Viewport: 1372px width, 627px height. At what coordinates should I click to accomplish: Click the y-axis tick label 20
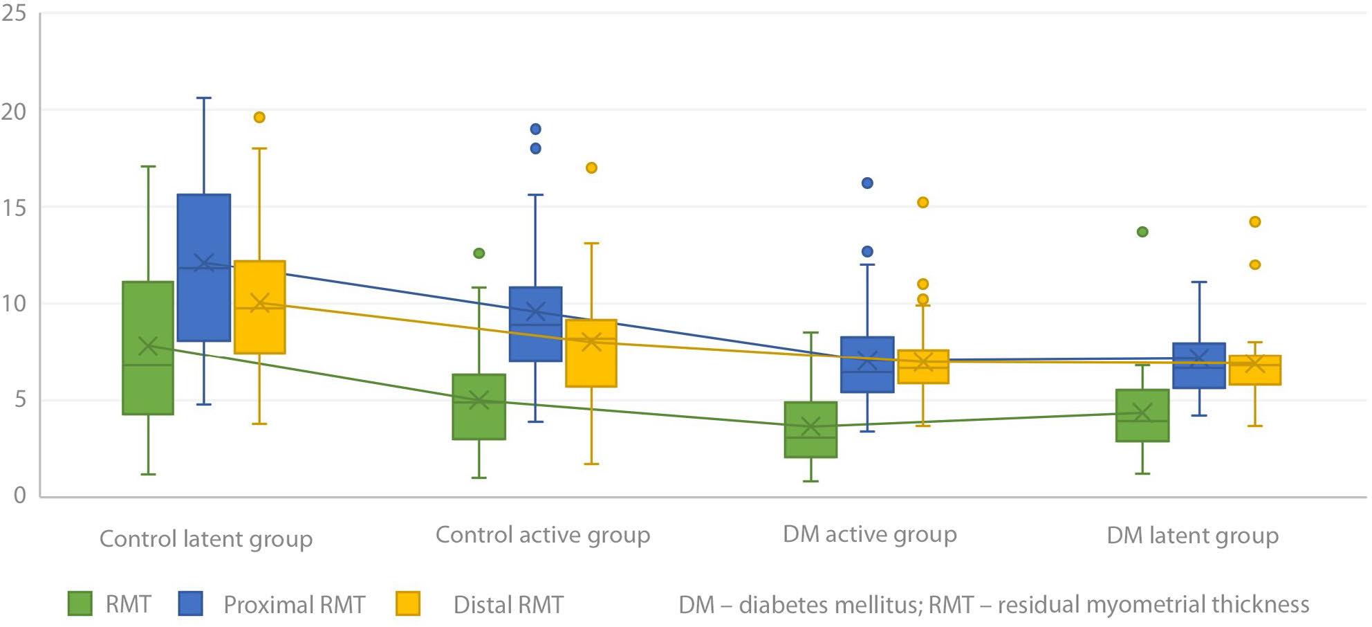(13, 111)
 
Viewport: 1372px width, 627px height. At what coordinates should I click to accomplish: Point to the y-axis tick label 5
(19, 400)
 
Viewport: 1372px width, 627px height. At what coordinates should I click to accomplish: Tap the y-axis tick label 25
(13, 13)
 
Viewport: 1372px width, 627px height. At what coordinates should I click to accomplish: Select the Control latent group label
(205, 539)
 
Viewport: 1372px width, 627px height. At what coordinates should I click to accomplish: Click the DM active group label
(869, 534)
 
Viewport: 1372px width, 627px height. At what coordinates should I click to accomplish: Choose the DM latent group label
(1192, 536)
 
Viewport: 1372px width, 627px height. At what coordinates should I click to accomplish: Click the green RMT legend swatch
(80, 603)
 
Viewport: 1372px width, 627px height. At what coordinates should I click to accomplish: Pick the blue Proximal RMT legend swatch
(191, 603)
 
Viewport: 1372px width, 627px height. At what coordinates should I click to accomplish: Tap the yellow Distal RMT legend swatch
(408, 603)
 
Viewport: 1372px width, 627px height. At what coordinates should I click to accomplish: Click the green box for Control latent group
(148, 348)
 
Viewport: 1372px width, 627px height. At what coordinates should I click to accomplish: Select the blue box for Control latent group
(204, 268)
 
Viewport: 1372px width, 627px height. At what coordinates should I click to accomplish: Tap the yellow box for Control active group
(591, 353)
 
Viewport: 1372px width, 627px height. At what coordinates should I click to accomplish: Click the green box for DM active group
(811, 429)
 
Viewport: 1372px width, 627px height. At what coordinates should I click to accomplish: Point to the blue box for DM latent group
(1198, 365)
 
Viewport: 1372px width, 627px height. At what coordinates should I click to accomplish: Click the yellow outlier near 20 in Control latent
(259, 118)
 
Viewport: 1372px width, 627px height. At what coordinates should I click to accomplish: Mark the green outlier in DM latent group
(1142, 232)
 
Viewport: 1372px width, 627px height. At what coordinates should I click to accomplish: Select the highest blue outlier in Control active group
(535, 129)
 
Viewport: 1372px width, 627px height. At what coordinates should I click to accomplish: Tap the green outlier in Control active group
(479, 253)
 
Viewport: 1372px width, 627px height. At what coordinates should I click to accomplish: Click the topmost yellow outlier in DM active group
(923, 203)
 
